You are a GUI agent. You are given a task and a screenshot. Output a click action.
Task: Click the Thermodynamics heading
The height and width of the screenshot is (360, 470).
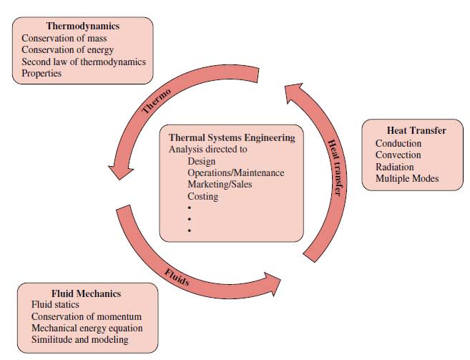click(x=83, y=26)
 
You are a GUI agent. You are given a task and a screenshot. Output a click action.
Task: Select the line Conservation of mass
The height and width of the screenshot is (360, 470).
click(x=64, y=38)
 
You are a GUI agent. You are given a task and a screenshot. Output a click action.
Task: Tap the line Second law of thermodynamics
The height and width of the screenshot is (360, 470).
click(x=84, y=62)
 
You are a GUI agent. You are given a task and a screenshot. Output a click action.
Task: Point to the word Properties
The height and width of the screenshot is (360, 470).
click(x=41, y=73)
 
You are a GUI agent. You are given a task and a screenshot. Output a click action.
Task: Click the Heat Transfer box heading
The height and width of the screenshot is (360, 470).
click(x=416, y=130)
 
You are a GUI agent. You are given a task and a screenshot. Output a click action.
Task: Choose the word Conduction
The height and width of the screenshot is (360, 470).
click(x=398, y=143)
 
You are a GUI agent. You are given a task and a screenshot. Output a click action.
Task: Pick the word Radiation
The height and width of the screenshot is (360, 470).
click(x=394, y=167)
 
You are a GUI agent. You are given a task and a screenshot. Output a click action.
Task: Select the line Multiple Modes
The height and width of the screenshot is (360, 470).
click(x=407, y=178)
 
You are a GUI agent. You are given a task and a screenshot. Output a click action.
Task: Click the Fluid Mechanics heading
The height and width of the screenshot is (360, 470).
click(x=87, y=293)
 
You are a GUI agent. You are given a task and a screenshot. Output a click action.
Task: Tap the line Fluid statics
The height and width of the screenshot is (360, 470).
click(x=55, y=304)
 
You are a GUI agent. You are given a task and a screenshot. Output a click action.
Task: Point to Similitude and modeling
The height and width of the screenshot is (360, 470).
click(x=79, y=339)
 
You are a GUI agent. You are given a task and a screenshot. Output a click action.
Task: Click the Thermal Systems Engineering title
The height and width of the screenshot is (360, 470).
click(x=232, y=137)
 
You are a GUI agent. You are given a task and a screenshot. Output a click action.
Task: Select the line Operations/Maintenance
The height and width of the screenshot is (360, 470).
click(x=236, y=172)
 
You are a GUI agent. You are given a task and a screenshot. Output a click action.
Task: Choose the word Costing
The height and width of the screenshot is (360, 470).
click(x=203, y=196)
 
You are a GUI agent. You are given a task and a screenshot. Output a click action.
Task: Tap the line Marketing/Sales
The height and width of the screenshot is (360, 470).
click(x=220, y=184)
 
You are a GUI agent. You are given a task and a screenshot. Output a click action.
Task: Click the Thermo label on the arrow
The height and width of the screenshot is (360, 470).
click(x=156, y=101)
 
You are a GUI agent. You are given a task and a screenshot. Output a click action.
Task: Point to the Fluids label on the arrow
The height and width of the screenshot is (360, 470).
click(x=177, y=277)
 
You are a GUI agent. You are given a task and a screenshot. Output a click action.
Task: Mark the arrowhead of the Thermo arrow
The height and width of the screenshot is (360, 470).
click(x=120, y=172)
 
